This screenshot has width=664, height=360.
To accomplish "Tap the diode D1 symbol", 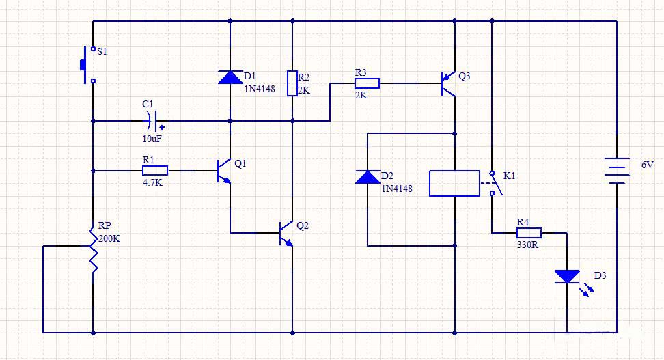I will pos(230,77).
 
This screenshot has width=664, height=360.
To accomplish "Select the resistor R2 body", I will pos(292,83).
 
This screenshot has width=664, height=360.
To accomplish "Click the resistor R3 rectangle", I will pos(367,83).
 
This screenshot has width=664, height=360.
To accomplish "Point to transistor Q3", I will pos(449,83).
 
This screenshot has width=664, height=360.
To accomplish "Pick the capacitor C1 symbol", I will pos(153,120).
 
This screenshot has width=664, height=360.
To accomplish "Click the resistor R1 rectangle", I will pos(155,170).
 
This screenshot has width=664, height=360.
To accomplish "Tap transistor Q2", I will pos(286,233).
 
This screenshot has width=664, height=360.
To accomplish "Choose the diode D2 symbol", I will pos(368,178).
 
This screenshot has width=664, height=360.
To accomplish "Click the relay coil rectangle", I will pos(454,183).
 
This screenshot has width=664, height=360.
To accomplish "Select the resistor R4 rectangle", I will pos(528,232).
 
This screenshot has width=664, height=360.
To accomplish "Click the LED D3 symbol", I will pos(567,277).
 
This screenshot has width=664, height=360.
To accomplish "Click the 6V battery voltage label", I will pos(648,165).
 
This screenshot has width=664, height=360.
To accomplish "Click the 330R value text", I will pos(527,245).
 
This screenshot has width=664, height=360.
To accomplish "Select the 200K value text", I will pos(110,238).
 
